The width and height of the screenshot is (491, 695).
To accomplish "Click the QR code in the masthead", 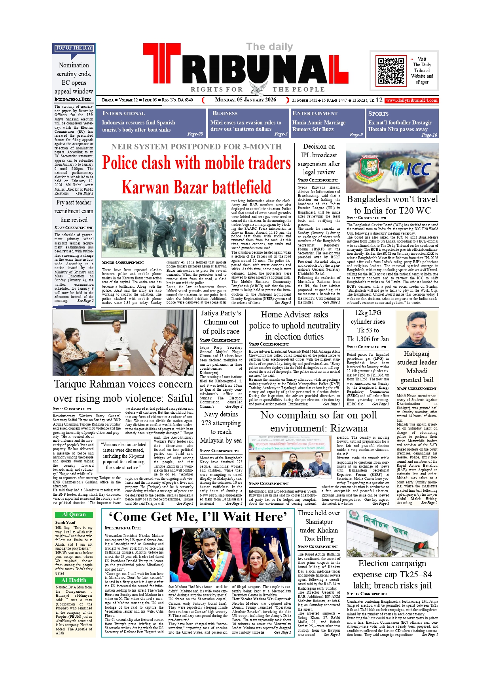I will [391, 71].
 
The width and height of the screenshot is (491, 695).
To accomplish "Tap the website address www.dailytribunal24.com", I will [411, 100].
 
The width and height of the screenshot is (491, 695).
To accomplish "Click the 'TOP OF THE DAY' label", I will [74, 48].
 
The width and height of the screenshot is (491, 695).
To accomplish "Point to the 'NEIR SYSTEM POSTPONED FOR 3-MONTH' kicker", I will [196, 147].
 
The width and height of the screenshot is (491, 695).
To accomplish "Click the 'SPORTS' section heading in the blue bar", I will [378, 114].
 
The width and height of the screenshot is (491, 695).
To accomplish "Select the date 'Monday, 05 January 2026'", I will [245, 100].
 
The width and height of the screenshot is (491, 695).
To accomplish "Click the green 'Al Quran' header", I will [74, 515].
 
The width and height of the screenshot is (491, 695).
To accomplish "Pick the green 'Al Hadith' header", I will [74, 580].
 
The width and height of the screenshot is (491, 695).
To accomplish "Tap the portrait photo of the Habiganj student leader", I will [417, 329].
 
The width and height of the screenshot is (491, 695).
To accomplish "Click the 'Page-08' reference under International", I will [195, 134].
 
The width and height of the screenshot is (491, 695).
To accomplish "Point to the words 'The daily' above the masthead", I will [269, 47].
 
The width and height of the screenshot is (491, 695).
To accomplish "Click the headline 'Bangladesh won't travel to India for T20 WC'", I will [392, 204].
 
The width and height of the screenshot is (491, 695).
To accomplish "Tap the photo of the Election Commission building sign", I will [392, 533].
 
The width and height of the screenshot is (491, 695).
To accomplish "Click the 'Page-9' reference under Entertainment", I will [356, 135].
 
